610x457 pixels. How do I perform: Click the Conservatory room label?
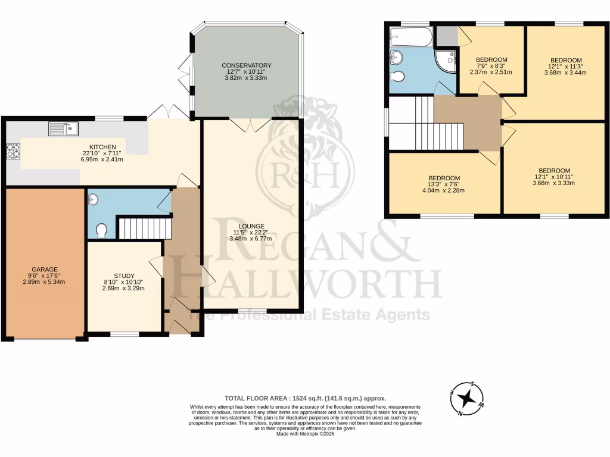click(x=247, y=65)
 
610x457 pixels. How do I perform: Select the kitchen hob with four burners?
click(x=13, y=151)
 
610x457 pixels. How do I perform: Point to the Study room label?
click(x=123, y=276)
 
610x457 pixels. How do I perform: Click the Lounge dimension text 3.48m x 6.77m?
click(x=250, y=239)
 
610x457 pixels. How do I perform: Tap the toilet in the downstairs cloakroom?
click(x=101, y=230)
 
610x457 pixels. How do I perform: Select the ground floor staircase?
click(x=144, y=228)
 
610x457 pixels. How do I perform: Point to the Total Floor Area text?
click(x=305, y=398)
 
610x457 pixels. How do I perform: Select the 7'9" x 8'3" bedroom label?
click(x=491, y=60)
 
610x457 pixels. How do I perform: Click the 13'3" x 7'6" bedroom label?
click(x=444, y=178)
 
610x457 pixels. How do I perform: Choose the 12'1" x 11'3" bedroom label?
click(x=565, y=60)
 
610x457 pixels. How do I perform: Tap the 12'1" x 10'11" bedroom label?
click(x=554, y=170)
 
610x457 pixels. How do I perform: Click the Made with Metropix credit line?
click(x=305, y=434)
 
